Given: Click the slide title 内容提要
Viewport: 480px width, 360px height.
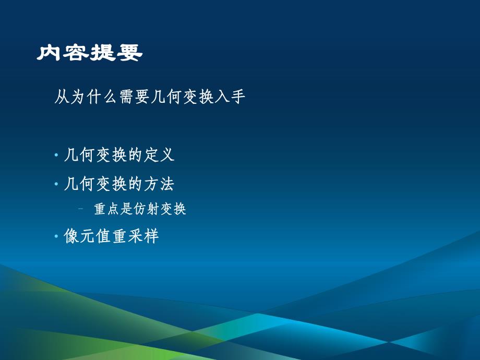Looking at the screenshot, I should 89,53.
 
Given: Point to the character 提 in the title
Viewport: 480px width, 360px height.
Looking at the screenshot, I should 103,53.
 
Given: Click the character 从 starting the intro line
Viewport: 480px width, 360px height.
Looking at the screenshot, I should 62,97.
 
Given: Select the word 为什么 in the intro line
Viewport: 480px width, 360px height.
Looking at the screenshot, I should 94,97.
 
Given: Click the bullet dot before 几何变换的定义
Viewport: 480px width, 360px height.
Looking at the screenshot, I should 56,155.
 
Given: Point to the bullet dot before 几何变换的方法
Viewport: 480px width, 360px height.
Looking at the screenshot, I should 56,184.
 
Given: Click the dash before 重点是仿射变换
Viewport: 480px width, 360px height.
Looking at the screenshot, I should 81,209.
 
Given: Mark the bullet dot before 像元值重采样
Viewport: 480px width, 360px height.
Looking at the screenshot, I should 56,237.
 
